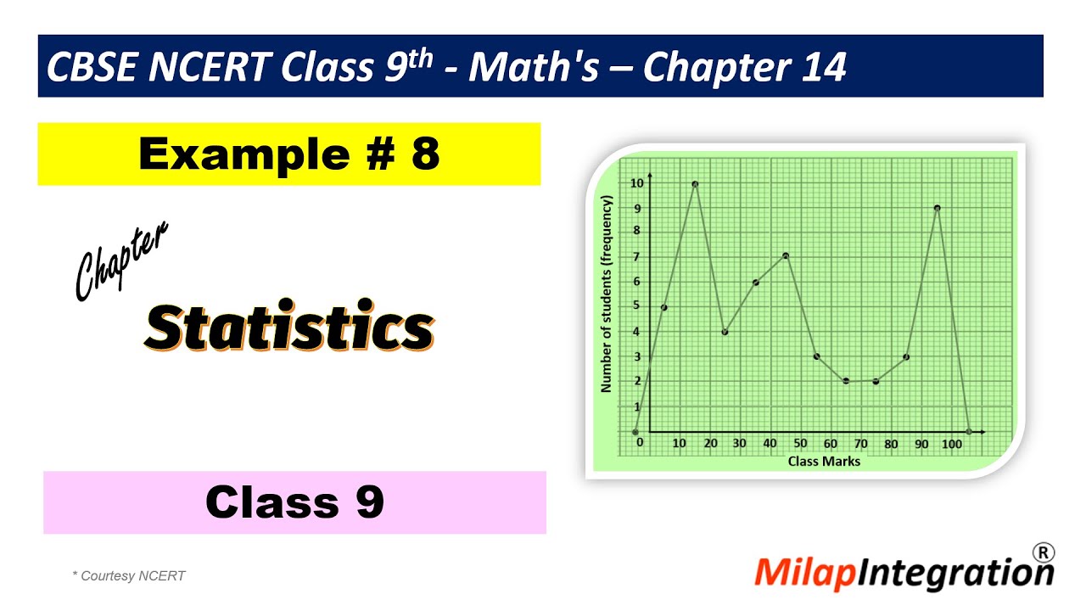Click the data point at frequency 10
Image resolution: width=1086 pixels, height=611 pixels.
pyautogui.click(x=695, y=183)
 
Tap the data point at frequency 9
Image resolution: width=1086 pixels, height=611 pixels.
pyautogui.click(x=937, y=208)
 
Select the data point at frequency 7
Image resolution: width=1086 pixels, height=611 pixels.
pyautogui.click(x=786, y=255)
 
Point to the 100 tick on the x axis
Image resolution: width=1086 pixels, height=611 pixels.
pyautogui.click(x=952, y=443)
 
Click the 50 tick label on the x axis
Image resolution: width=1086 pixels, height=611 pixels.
pyautogui.click(x=800, y=443)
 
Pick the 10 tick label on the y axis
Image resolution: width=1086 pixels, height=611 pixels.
pyautogui.click(x=636, y=183)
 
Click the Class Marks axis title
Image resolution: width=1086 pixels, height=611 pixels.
pyautogui.click(x=824, y=462)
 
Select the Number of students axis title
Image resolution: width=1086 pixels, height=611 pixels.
pyautogui.click(x=607, y=294)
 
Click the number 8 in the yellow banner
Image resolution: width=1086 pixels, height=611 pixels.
pyautogui.click(x=425, y=154)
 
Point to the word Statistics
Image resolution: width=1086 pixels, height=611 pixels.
pyautogui.click(x=288, y=326)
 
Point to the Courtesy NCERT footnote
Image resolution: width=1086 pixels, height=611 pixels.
pyautogui.click(x=129, y=576)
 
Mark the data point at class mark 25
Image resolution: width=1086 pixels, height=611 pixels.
pyautogui.click(x=725, y=332)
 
